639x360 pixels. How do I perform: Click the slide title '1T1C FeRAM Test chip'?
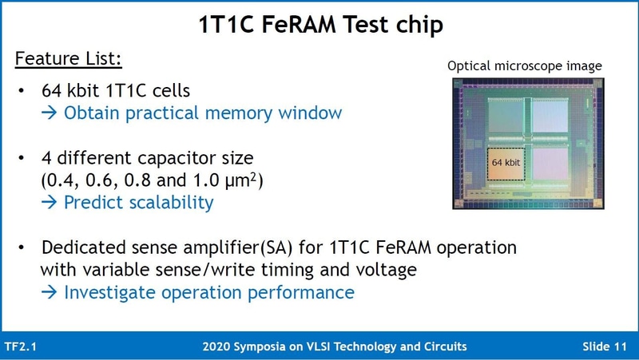[x=320, y=24]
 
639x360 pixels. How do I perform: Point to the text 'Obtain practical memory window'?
[x=203, y=113]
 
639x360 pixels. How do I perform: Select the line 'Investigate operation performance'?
[x=208, y=292]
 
